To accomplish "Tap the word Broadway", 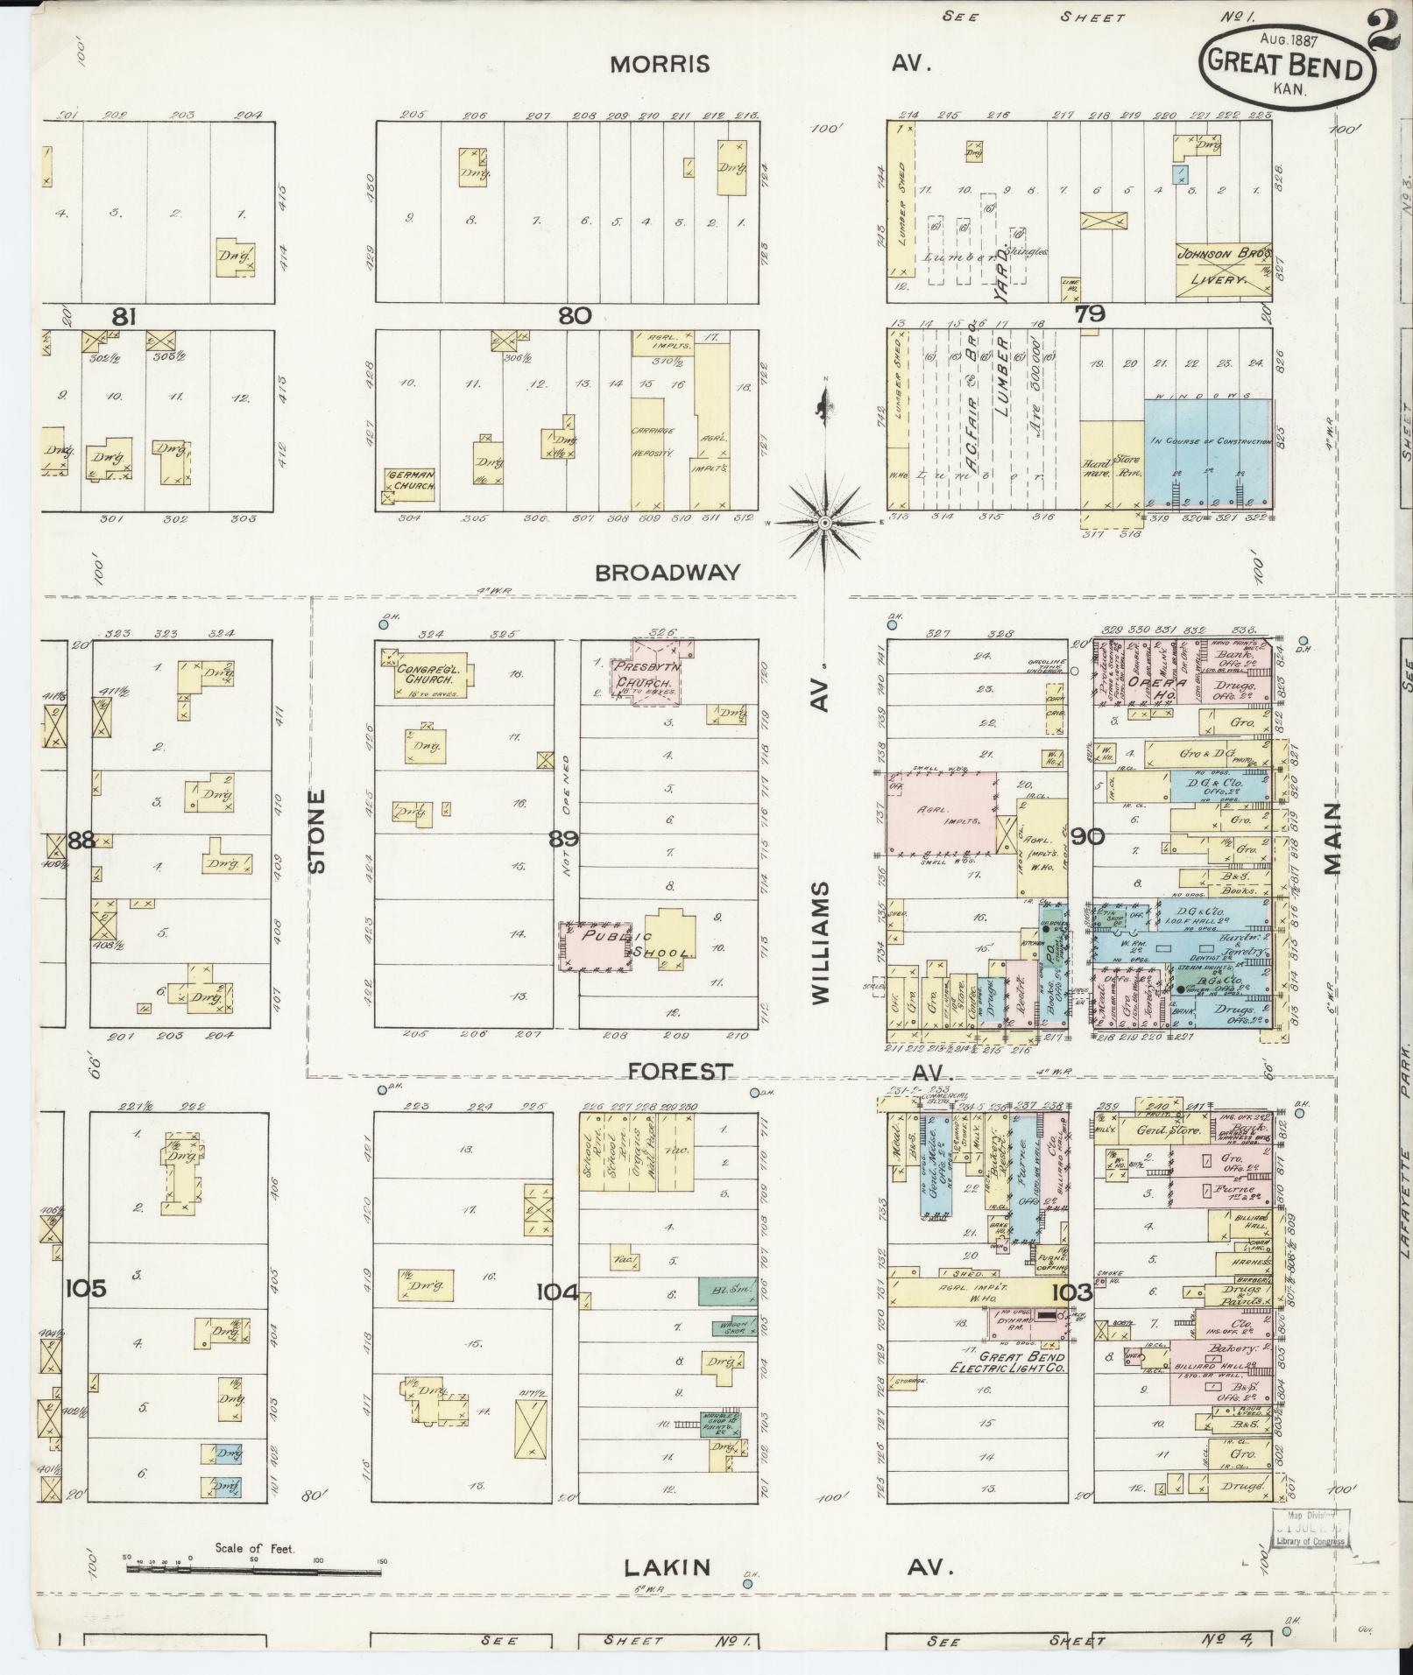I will click(668, 572).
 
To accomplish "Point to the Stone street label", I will click(317, 830).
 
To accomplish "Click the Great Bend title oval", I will click(1285, 66).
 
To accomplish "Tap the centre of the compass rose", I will click(824, 523).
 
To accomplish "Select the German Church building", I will click(409, 482).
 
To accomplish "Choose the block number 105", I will click(86, 1288).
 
